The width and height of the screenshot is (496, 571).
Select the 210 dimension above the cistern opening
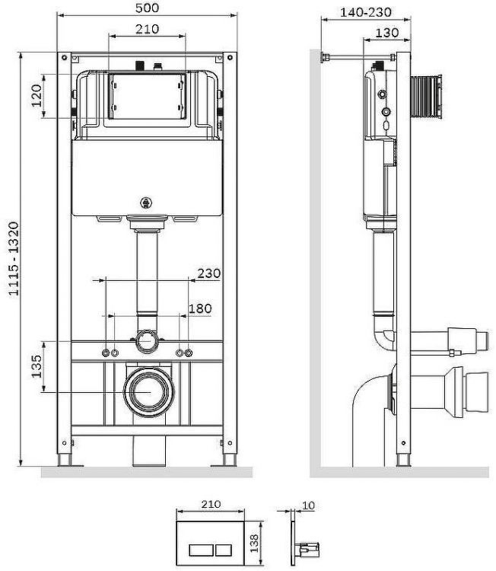click(148, 29)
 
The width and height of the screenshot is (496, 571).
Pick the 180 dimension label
click(201, 308)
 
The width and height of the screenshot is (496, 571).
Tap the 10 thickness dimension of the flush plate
click(307, 504)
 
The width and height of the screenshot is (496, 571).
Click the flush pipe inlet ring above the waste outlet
click(148, 342)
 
